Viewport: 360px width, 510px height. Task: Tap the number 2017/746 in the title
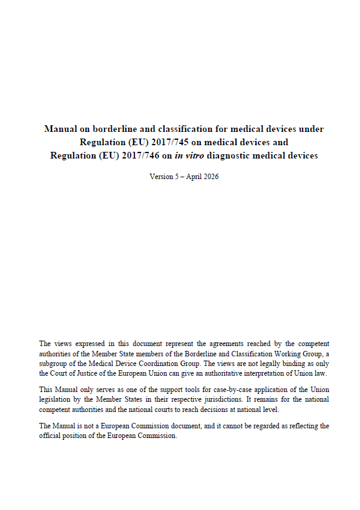point(136,155)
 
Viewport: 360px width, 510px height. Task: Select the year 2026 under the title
point(210,177)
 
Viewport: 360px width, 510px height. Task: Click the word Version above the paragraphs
point(160,177)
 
